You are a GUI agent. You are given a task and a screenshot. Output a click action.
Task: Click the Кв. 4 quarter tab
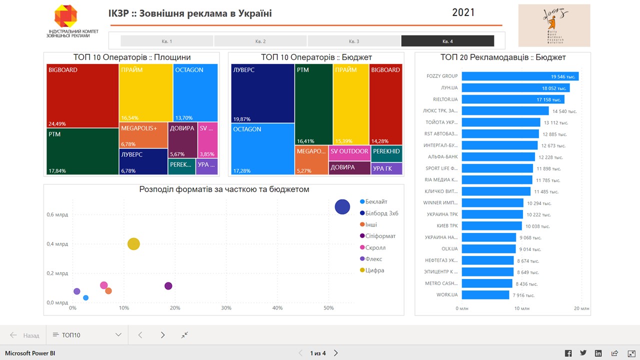tap(447, 41)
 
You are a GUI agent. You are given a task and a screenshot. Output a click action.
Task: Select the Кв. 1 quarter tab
tap(167, 41)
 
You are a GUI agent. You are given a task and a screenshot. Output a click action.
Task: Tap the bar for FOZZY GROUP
tap(520, 76)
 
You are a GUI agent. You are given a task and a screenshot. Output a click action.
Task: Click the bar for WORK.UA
tap(485, 295)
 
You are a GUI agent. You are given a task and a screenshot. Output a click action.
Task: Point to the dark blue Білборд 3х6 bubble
tap(342, 206)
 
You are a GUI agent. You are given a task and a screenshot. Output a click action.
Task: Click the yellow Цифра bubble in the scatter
tap(133, 244)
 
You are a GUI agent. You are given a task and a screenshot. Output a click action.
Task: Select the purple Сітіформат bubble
tap(168, 286)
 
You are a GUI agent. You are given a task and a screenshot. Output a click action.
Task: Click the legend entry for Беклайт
tap(376, 201)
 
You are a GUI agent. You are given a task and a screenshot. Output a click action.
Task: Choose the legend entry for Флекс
tap(373, 259)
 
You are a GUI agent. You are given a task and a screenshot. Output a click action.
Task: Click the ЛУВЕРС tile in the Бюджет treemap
tap(262, 93)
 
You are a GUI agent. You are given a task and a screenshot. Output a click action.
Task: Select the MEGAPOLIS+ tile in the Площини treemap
tap(143, 135)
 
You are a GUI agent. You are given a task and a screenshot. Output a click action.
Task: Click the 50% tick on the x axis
tap(328, 307)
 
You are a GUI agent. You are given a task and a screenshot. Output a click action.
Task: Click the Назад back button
tap(25, 335)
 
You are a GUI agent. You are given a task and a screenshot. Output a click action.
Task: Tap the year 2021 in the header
tap(463, 12)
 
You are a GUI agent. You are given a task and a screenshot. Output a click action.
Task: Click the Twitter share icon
tap(583, 353)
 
